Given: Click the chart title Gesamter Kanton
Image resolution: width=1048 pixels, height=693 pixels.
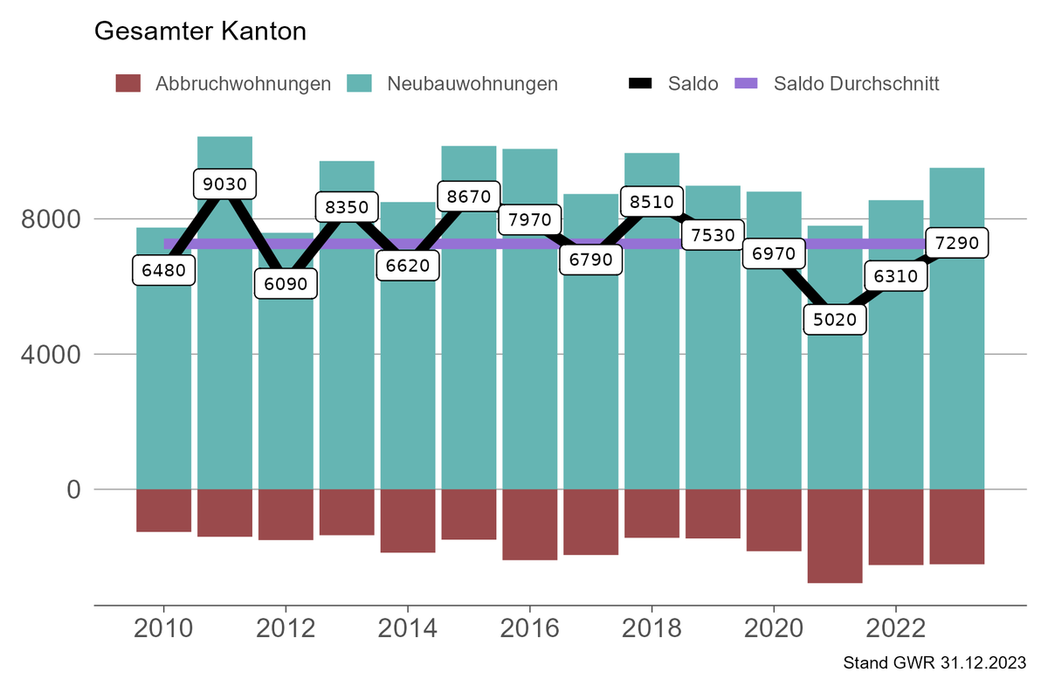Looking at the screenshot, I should coord(200,31).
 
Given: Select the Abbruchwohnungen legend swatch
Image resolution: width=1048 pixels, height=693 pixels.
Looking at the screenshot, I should coord(128,84).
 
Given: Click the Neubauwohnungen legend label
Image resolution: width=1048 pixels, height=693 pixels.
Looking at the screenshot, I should coord(472,84).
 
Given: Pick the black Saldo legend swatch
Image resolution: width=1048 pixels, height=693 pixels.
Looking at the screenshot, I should coord(640,84).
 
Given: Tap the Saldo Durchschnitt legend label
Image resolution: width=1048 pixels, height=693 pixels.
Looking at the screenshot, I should coord(856,84).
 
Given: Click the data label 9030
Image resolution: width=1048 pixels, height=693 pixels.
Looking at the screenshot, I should coord(224,184).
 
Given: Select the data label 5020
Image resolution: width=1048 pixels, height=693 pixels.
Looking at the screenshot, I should coord(835,319).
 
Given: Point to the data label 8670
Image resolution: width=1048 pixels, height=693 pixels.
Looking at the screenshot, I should coord(469,196).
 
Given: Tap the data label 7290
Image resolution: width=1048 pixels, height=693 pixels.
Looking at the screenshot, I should coord(957,242).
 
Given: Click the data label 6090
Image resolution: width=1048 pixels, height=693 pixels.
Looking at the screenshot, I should coord(286,284).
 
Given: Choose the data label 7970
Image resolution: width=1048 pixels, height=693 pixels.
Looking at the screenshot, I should coord(530,219).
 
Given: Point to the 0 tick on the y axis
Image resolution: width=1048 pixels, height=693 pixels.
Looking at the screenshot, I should coord(73,489).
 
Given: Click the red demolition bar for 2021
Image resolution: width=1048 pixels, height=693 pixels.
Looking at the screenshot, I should coord(835,536).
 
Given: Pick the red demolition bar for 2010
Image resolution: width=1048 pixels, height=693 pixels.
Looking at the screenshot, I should coord(163,510).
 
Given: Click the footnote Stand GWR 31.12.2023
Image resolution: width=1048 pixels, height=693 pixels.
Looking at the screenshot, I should coord(934,663).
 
